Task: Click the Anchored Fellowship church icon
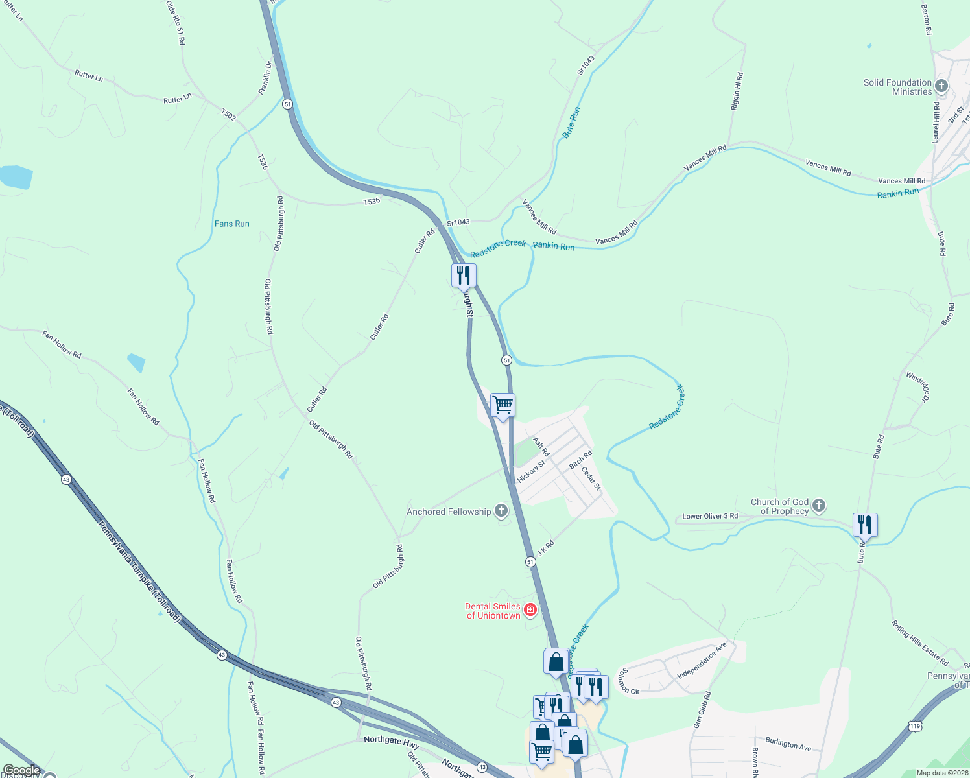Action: (x=501, y=511)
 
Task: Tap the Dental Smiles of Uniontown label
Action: (x=493, y=611)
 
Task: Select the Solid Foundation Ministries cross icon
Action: (x=941, y=86)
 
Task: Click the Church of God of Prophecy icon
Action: (x=819, y=505)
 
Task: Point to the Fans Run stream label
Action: (x=232, y=224)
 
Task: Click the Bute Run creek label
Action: (x=571, y=123)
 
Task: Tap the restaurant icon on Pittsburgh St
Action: (x=464, y=275)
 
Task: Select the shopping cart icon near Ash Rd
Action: (x=503, y=405)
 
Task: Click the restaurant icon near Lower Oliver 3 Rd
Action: (x=865, y=525)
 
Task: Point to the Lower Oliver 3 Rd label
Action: (x=710, y=517)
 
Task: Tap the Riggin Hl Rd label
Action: (x=737, y=91)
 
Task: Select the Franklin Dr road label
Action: (x=266, y=78)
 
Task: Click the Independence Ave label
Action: (x=702, y=661)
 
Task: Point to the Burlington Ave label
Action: (x=788, y=744)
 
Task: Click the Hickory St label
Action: (x=531, y=471)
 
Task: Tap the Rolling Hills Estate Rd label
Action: (x=920, y=643)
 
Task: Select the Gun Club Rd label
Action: (x=702, y=710)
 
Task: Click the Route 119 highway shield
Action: (x=915, y=725)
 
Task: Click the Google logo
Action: (x=22, y=770)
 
